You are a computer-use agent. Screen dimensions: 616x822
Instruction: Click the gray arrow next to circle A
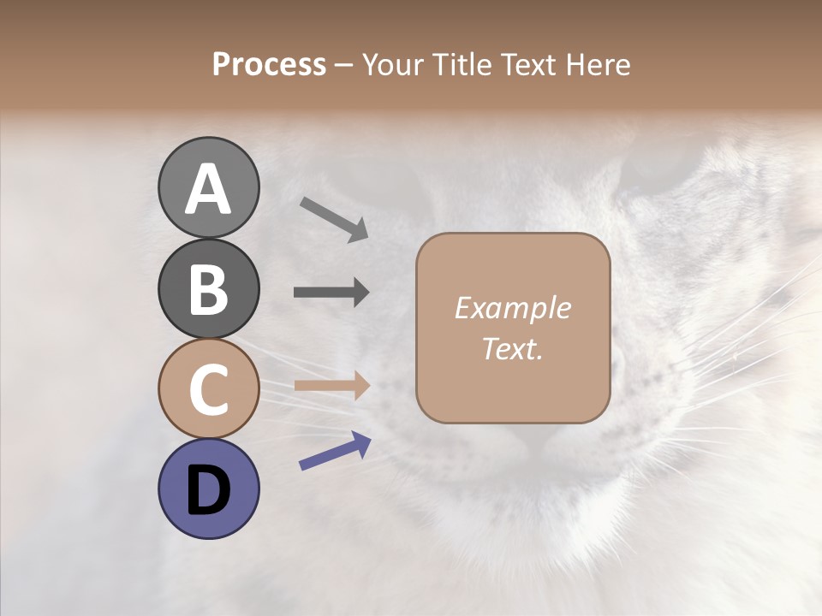coord(333,219)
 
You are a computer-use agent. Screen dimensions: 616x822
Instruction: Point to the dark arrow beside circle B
coord(331,293)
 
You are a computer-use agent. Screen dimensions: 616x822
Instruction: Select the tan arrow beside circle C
coord(331,386)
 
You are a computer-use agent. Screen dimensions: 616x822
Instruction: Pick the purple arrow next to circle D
coord(335,451)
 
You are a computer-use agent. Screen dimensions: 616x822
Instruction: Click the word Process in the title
coord(269,65)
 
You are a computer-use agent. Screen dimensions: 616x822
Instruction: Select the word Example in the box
coord(512,308)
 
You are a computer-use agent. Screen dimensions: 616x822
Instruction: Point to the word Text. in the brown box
coord(512,349)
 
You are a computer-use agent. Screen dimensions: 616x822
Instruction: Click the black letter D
coord(209,491)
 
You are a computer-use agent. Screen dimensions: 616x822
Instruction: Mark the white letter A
coord(209,189)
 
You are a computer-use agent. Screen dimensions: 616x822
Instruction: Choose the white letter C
coord(209,391)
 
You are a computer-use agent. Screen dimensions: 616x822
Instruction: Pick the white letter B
coord(209,289)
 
